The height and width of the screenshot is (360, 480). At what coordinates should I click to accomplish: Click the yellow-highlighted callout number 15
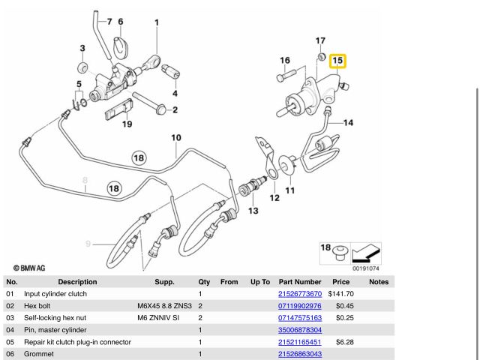(337, 60)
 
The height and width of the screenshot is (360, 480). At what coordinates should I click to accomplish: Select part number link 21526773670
(299, 294)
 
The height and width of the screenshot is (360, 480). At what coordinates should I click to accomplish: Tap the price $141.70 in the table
(342, 294)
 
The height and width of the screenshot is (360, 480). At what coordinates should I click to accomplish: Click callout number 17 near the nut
(320, 40)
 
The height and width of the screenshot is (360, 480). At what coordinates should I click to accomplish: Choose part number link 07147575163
(299, 318)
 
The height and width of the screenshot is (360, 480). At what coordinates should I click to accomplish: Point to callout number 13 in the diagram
(253, 211)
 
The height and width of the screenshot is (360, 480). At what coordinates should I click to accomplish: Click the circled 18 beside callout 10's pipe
(139, 158)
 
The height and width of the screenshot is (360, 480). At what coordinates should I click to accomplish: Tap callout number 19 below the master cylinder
(127, 124)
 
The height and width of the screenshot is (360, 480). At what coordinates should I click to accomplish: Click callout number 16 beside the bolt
(285, 61)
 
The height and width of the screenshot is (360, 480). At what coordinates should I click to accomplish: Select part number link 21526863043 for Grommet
(299, 354)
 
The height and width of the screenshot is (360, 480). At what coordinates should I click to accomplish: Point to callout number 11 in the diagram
(289, 190)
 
